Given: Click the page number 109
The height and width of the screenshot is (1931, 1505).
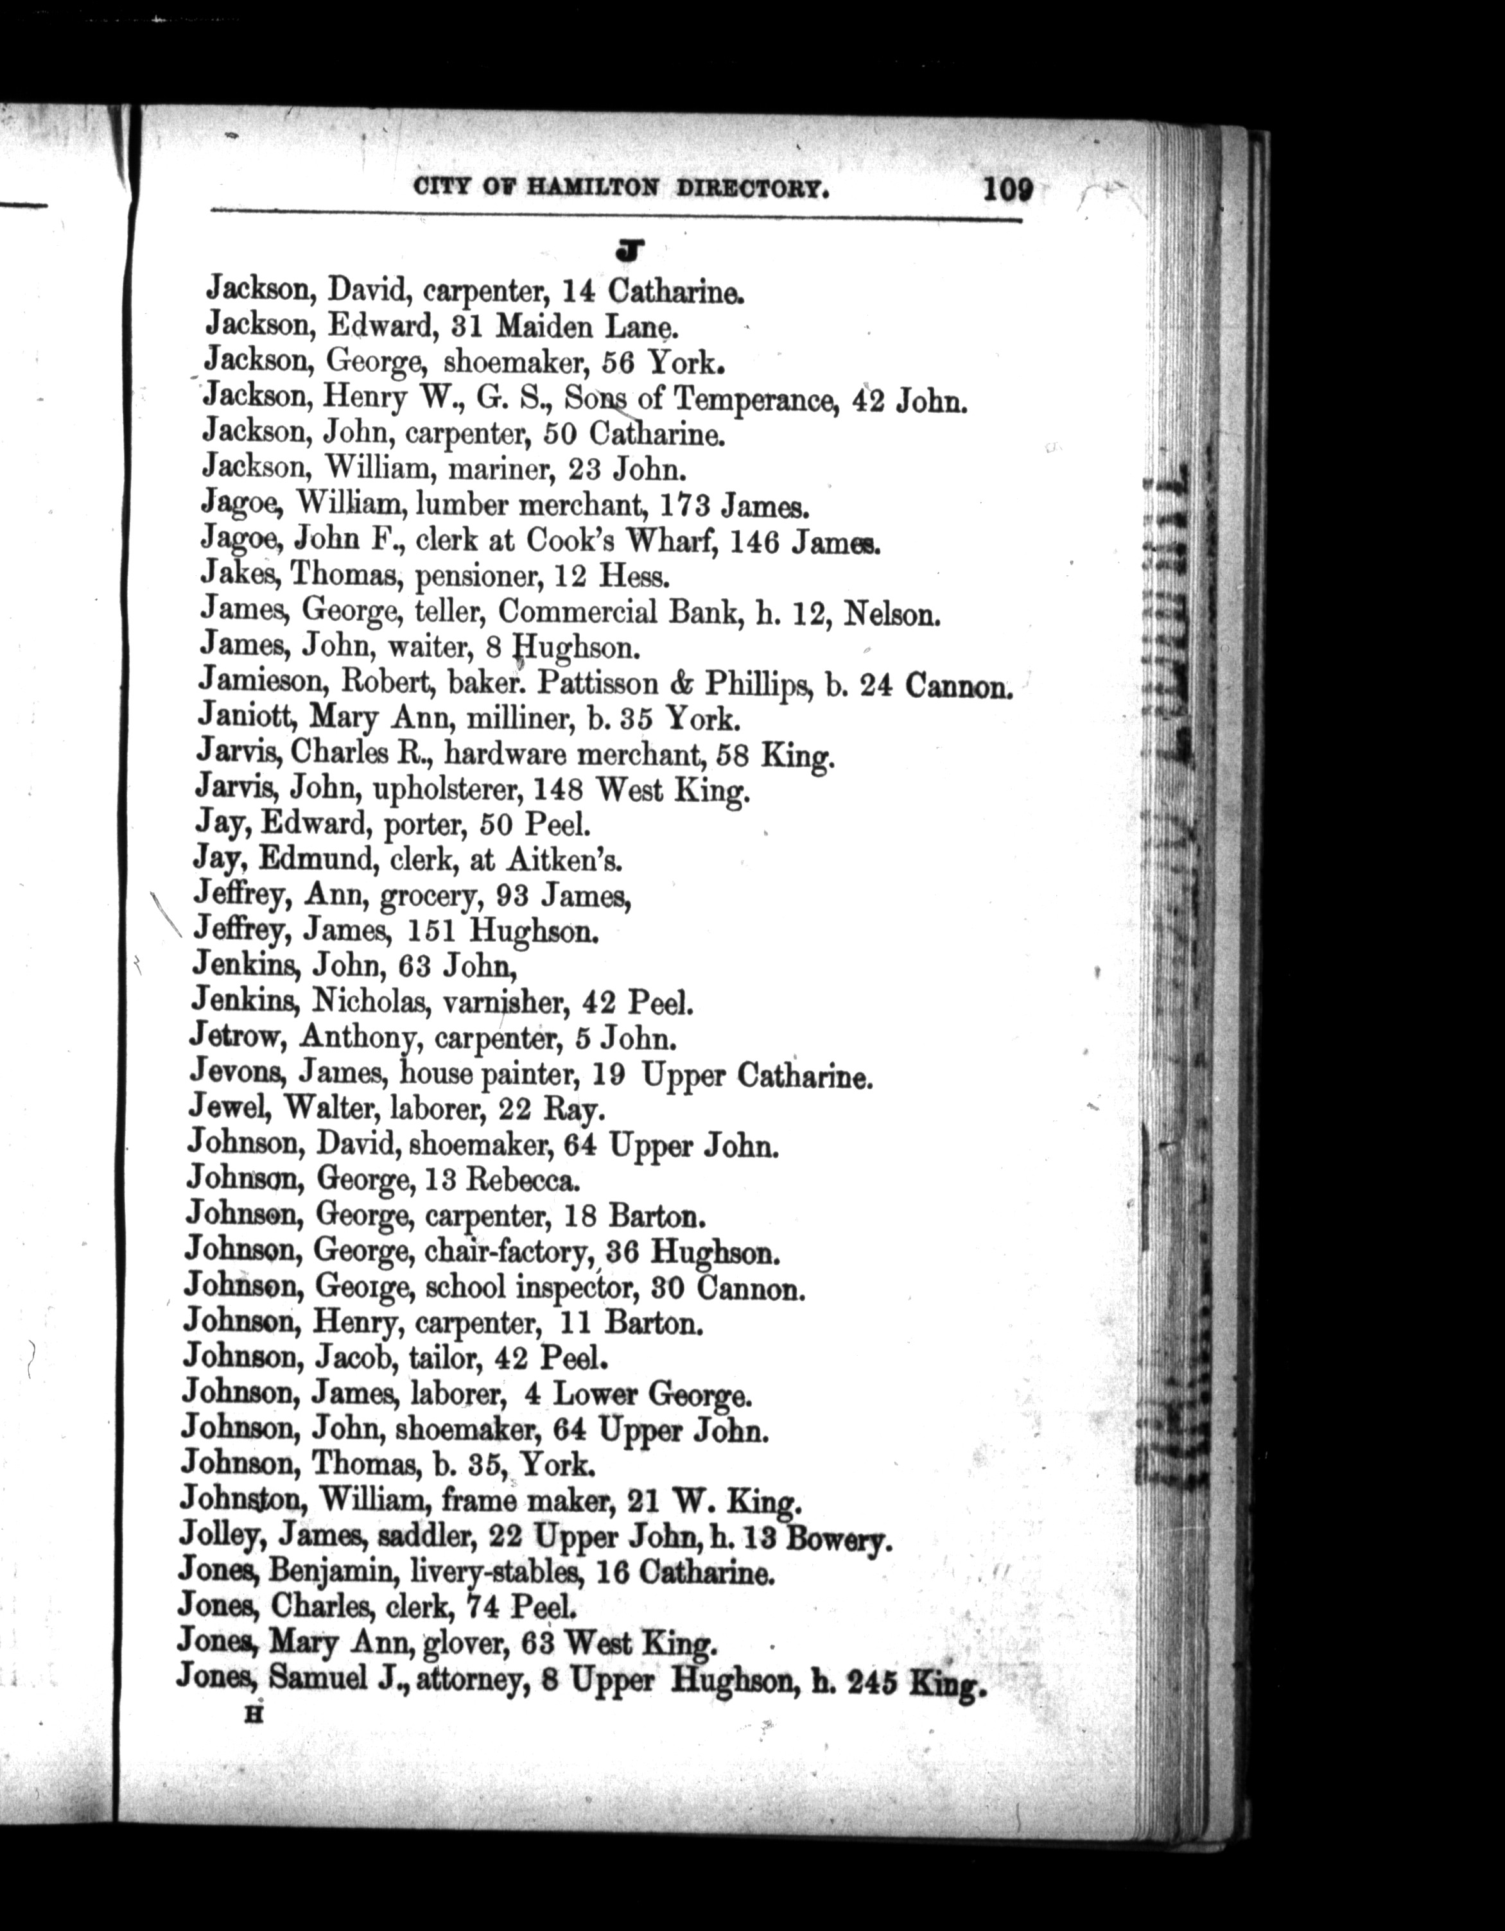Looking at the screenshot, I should point(1007,189).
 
